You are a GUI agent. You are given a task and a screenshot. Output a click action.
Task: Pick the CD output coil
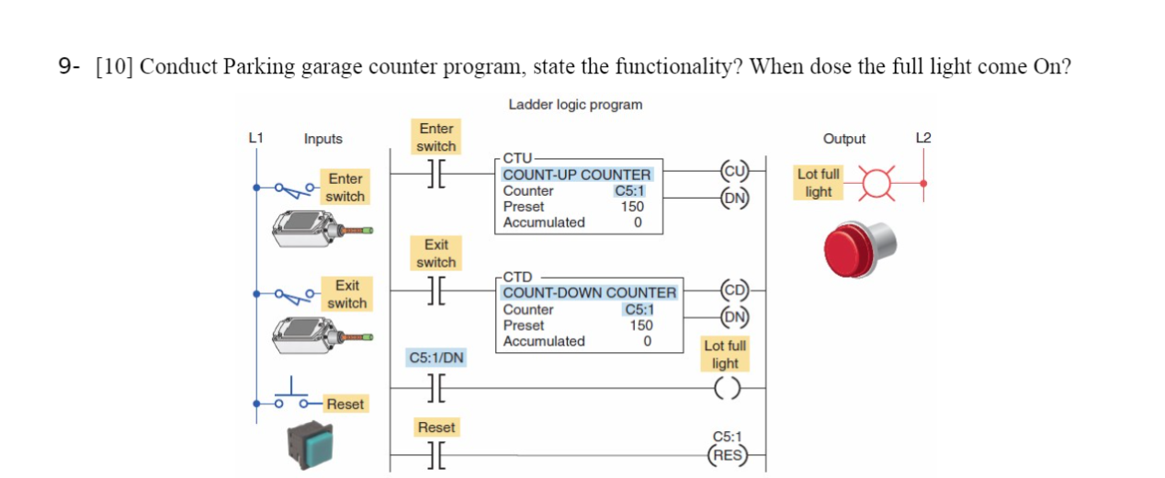736,290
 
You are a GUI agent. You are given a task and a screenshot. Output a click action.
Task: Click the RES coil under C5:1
729,453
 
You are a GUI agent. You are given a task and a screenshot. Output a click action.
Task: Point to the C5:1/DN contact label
435,357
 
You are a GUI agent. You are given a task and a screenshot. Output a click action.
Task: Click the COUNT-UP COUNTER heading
576,174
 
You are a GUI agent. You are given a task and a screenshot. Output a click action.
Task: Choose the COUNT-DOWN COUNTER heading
589,292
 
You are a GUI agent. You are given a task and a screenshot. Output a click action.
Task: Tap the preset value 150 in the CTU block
631,207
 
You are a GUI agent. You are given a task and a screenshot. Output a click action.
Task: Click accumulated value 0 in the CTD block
647,341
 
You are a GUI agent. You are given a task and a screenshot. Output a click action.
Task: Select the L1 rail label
256,138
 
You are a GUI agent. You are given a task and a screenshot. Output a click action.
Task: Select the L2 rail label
923,138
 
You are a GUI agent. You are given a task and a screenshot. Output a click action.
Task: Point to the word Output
843,139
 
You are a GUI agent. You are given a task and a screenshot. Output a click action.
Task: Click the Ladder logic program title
575,105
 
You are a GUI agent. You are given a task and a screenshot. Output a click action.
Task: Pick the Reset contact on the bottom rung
435,453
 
